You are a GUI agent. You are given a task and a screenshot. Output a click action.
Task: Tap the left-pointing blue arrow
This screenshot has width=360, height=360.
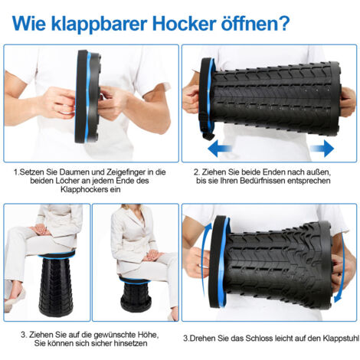pyautogui.click(x=220, y=148)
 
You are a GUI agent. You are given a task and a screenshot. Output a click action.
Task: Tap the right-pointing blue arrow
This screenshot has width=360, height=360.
pyautogui.click(x=322, y=148)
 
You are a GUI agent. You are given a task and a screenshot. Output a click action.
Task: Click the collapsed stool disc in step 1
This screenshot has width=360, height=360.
pyautogui.click(x=87, y=97)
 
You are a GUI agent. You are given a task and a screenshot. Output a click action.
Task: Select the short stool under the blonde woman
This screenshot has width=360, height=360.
pyautogui.click(x=135, y=293)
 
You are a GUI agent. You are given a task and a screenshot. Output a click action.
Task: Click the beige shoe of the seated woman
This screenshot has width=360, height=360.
pyautogui.click(x=15, y=299)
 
